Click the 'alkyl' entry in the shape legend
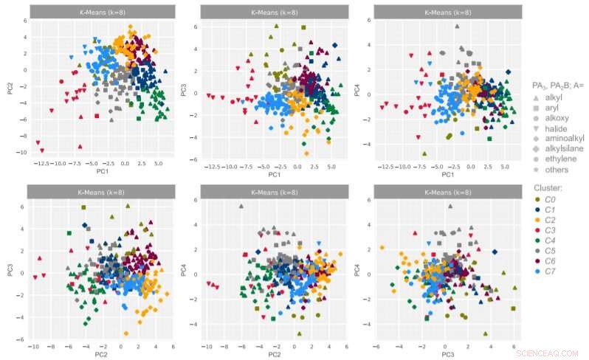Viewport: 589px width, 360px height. coord(554,97)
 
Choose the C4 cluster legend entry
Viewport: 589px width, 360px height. coord(551,240)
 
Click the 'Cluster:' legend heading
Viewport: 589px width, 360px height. coord(548,187)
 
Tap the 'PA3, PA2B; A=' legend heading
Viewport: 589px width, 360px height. coord(558,86)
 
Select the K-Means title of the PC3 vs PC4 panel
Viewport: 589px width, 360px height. coord(447,191)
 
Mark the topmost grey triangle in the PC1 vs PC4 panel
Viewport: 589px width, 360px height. coord(457,27)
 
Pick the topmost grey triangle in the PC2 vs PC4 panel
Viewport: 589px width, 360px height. coord(241,207)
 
